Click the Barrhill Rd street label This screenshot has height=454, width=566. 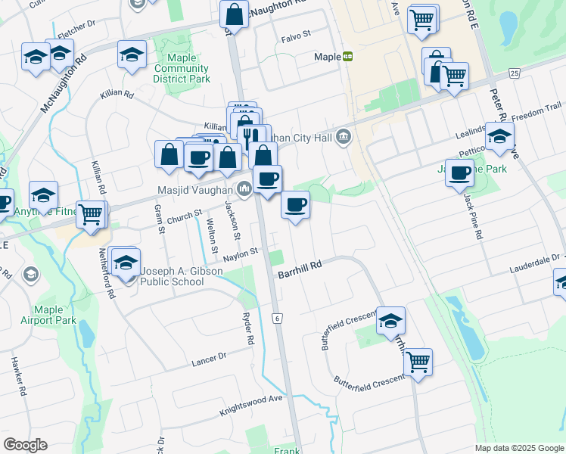tap(300, 266)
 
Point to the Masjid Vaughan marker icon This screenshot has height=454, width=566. tap(244, 189)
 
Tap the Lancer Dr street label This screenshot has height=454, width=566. tap(210, 359)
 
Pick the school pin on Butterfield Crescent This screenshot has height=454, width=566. tap(391, 320)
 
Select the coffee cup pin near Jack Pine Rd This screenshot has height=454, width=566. tap(459, 173)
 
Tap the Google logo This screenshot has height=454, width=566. tap(25, 445)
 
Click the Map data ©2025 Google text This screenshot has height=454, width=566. tap(518, 448)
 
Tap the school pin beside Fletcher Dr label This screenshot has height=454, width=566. tap(60, 54)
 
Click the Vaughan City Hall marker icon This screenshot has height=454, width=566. tap(344, 136)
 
